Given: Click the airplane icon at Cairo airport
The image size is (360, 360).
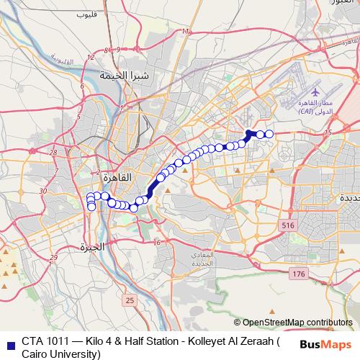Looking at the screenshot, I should coord(318,93).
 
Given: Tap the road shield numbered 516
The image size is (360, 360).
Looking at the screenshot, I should coord(289,225).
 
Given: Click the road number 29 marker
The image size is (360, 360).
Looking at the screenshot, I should coord(53,257).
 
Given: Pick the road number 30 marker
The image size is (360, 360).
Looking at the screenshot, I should coord(43,190).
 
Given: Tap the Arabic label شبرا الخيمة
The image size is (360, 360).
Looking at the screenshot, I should coord(124,75).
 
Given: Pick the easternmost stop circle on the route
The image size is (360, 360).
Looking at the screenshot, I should coord(269,134).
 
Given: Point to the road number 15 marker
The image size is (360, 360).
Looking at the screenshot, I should coord(328,132).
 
